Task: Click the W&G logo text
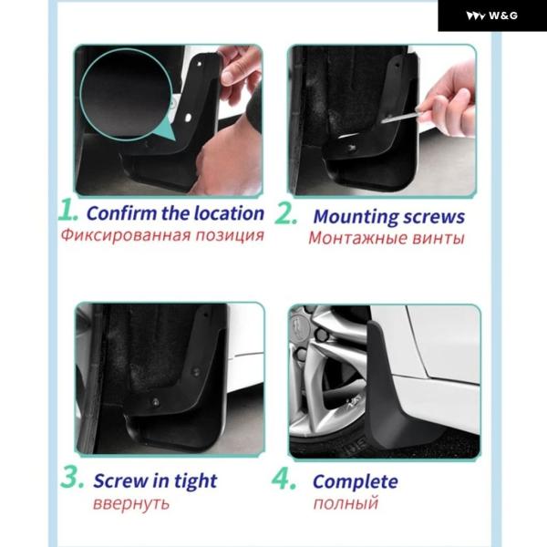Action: pos(502,15)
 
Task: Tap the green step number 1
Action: pos(67,210)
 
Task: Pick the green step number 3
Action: pos(72,477)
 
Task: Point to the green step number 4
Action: pos(284,479)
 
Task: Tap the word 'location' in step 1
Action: pos(229,212)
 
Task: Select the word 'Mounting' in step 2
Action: pos(356,217)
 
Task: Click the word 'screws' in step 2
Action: pos(434,216)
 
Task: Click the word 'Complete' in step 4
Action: pos(356,482)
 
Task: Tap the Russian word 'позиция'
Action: pos(229,235)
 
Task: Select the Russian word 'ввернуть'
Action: pos(131,503)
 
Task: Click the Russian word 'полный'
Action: pos(346,503)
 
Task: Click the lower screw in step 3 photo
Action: pos(155,402)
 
